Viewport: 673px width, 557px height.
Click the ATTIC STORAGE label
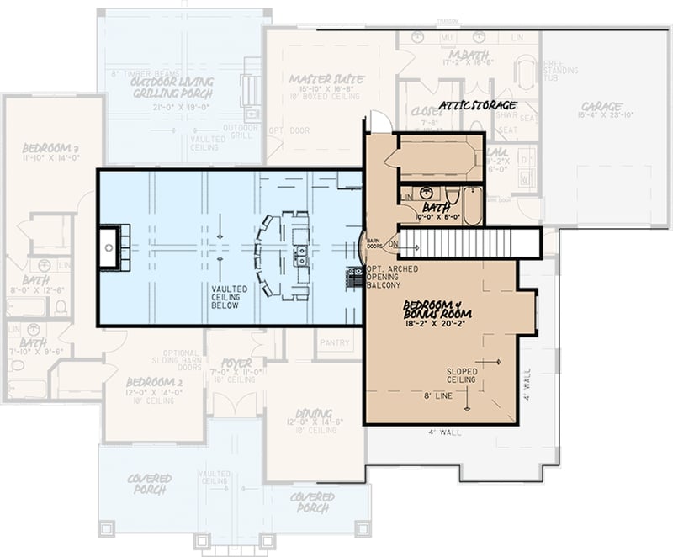pyautogui.click(x=476, y=106)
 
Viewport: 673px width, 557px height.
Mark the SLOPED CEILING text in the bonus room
pyautogui.click(x=461, y=375)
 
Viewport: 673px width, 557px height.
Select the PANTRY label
pyautogui.click(x=336, y=342)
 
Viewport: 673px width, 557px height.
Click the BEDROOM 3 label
pyautogui.click(x=50, y=149)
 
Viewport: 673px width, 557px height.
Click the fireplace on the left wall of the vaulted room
pyautogui.click(x=110, y=247)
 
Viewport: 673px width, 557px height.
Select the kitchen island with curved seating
pyautogui.click(x=286, y=255)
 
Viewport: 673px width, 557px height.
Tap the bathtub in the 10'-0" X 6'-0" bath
pyautogui.click(x=472, y=207)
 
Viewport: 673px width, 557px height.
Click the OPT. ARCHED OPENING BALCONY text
pyautogui.click(x=393, y=278)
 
